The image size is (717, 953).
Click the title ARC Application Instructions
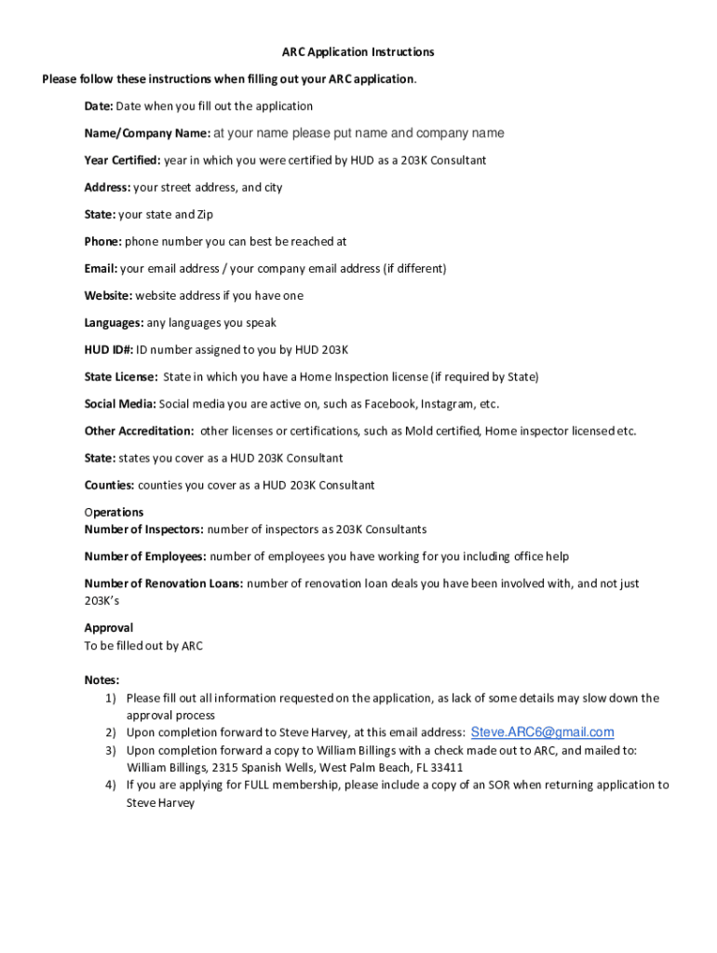[x=358, y=52]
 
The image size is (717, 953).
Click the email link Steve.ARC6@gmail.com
[x=543, y=732]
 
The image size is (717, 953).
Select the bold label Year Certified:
[x=122, y=160]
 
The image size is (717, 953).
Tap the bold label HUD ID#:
[x=109, y=350]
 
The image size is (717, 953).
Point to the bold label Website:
[x=109, y=296]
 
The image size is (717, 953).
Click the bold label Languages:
[x=114, y=323]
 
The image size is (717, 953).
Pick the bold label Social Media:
[x=120, y=404]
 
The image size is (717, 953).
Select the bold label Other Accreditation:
[x=139, y=431]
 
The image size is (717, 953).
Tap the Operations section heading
[x=114, y=512]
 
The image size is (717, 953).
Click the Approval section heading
[x=109, y=628]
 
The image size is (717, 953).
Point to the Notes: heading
[x=101, y=680]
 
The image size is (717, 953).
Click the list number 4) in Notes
[x=110, y=785]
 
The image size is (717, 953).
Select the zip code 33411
[x=445, y=768]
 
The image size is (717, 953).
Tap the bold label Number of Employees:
[x=145, y=557]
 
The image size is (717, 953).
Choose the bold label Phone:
[x=102, y=241]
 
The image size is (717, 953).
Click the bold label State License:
[x=121, y=377]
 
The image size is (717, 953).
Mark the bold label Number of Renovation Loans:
[x=164, y=584]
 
